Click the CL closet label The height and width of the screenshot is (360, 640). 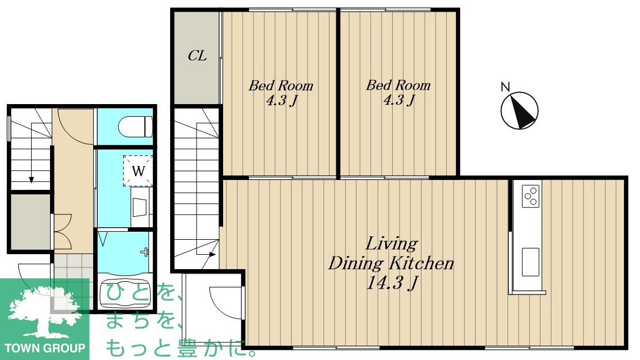coord(197,56)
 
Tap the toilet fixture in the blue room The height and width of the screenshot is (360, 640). coord(135,127)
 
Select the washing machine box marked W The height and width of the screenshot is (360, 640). coord(138,171)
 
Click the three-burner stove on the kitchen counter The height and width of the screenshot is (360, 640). coord(531,196)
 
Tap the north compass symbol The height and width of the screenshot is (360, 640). coord(520,110)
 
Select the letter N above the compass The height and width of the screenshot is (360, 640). coord(505,86)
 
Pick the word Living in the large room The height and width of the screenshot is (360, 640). coord(392,244)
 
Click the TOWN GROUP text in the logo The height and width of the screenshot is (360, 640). coord(45,348)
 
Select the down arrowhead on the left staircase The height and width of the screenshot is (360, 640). coord(31,179)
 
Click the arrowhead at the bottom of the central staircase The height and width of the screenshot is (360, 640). coord(212,255)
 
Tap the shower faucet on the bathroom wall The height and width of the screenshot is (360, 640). coord(145,251)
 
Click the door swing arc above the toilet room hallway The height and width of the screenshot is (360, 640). coord(74,130)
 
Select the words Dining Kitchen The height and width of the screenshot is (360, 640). coord(391,263)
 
